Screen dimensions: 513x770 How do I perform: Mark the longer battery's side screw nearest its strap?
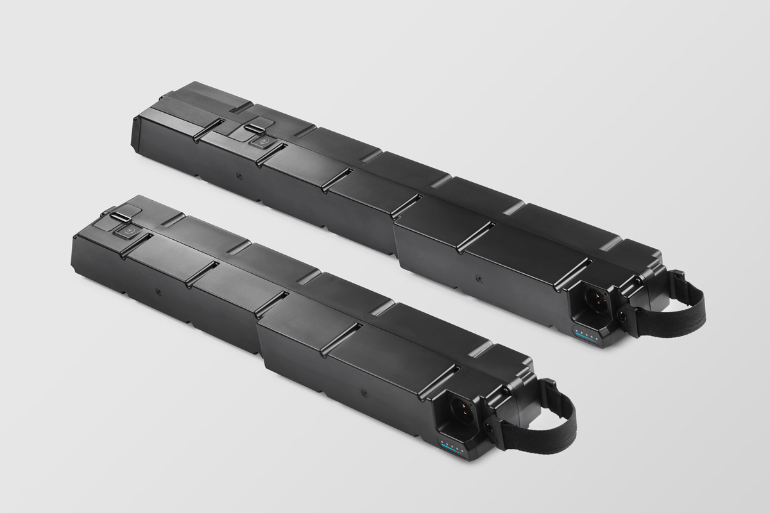(477, 279)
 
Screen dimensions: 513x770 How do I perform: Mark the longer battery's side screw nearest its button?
(239, 174)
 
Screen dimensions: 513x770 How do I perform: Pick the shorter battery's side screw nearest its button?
(158, 290)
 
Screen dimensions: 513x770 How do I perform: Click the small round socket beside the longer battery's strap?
(622, 315)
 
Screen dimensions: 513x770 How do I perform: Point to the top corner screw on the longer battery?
(638, 280)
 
